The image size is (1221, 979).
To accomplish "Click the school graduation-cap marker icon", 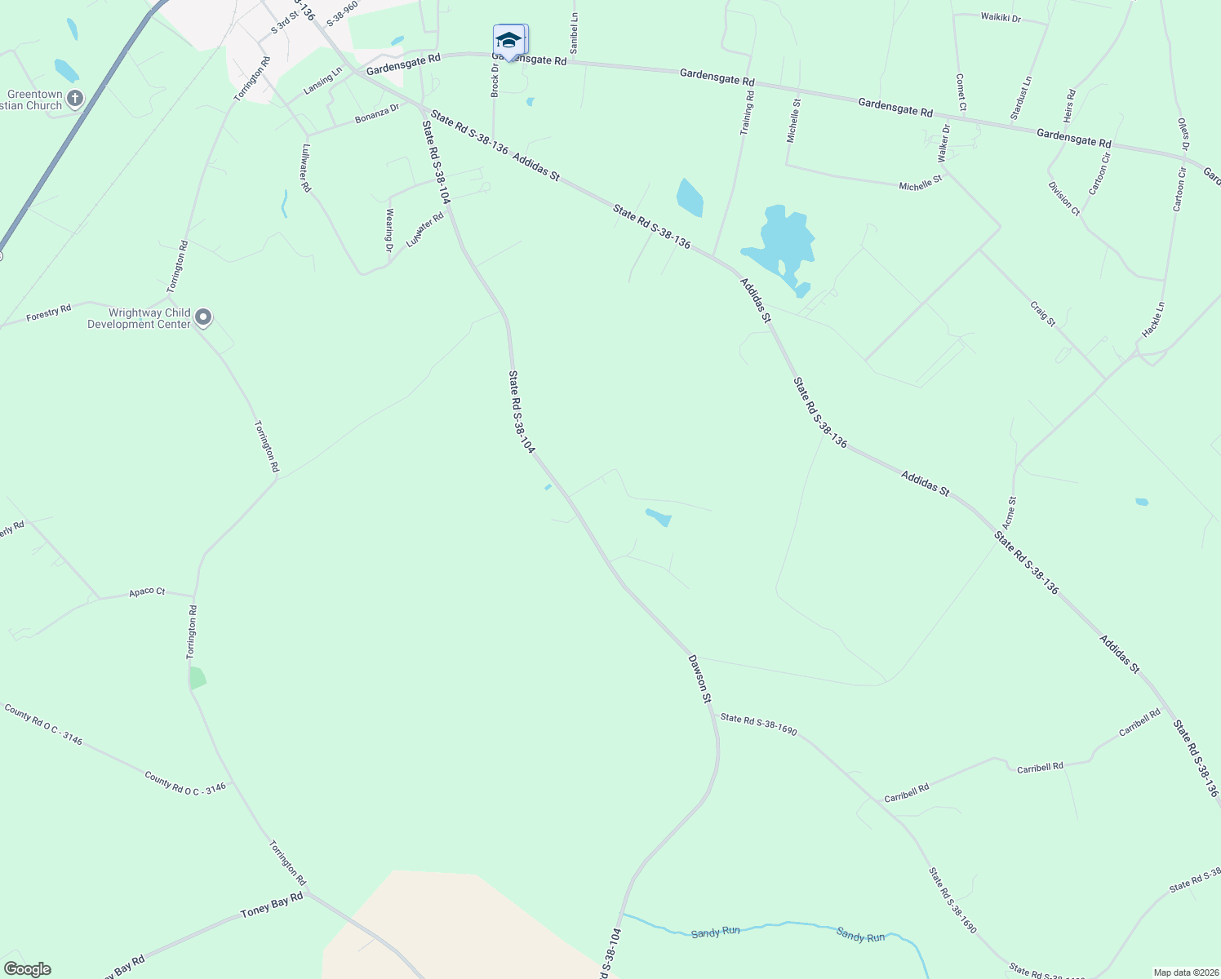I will click(508, 41).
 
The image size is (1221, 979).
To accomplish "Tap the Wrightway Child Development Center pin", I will click(203, 317).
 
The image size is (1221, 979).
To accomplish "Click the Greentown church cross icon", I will click(74, 100).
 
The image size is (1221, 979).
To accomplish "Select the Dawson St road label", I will click(699, 678).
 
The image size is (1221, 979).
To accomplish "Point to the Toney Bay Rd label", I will click(272, 905).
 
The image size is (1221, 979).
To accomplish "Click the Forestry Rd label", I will click(49, 312).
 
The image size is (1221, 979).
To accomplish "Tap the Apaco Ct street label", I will click(147, 591).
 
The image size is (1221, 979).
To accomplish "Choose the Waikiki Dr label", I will click(1000, 17).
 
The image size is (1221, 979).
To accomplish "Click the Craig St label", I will click(1043, 314).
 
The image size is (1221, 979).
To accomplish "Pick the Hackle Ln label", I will click(1153, 320).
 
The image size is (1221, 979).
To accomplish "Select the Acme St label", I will click(1010, 512).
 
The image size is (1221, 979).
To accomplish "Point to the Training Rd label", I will click(747, 113).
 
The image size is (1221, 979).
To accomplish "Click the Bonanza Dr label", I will click(377, 114).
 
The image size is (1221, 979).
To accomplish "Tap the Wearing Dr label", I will click(390, 230).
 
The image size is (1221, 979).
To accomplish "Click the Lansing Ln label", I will click(323, 82).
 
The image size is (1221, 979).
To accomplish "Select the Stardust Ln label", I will click(1021, 98).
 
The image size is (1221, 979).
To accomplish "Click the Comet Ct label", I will click(961, 92).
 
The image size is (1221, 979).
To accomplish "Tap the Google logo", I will click(27, 969).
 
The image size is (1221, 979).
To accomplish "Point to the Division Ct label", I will click(1064, 198).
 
